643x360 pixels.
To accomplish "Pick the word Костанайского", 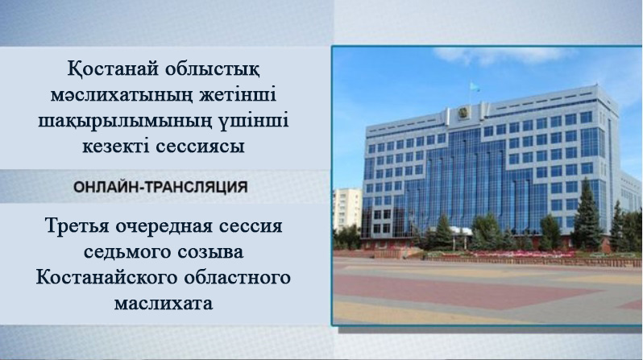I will tap(102, 278).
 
